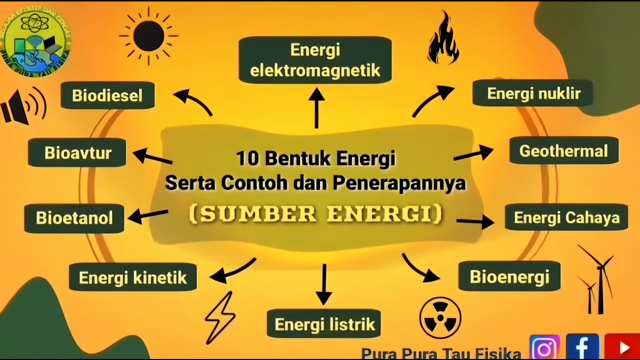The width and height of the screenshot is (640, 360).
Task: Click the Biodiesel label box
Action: coord(107,95)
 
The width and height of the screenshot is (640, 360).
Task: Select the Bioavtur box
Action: coord(77,152)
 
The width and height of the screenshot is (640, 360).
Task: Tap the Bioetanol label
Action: coord(74,218)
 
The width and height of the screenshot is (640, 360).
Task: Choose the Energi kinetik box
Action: coord(132,277)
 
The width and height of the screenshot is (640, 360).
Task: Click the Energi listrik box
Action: coord(324,324)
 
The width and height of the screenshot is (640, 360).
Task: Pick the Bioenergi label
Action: coord(509,276)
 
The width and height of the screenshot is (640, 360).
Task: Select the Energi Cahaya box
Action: coord(566,217)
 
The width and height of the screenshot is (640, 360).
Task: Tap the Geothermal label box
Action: coord(563,151)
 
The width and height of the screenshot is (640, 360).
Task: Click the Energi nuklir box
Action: coord(533,93)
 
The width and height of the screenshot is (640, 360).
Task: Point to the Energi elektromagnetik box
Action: coord(315,60)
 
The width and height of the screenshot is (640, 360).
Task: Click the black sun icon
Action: coord(148,36)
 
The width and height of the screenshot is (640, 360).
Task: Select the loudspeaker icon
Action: coord(22,106)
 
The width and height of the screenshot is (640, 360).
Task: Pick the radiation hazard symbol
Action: coord(440,318)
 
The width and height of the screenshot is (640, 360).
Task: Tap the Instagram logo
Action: coord(544,347)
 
